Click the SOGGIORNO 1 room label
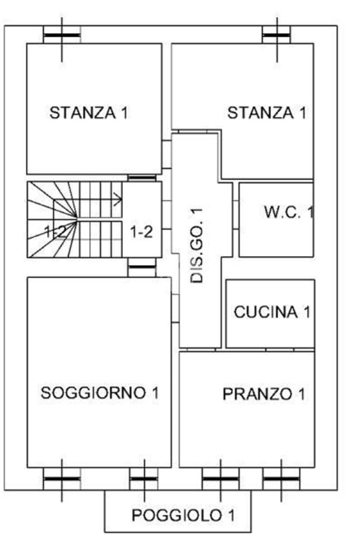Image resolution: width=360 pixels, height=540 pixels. pos(100,392)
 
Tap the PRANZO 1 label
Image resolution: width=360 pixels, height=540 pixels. pos(264,394)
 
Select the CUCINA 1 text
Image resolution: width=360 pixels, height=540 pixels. pos(272,312)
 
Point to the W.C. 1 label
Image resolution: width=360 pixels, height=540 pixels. pos(289,212)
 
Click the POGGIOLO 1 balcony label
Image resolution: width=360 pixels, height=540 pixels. pos(183,516)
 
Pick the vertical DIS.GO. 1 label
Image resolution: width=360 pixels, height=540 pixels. pos(197,245)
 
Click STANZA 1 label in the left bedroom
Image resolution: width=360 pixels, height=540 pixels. pos(89,113)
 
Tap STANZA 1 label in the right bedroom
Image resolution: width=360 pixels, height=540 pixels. pos(266,113)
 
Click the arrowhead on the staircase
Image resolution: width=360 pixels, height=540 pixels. pos(119,199)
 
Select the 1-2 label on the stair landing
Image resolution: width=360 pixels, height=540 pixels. pos(141,232)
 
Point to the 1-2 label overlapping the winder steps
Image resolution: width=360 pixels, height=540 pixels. pos(55,232)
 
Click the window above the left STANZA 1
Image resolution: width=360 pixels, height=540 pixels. pos(62,35)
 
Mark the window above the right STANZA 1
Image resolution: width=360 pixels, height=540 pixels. pos(276,35)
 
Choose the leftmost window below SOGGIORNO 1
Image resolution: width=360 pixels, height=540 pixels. pos(62,479)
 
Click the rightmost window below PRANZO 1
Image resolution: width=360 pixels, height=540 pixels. pos(281,479)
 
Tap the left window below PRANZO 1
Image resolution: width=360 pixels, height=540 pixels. pos(220,479)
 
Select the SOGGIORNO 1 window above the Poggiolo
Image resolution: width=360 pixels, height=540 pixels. pos(144,479)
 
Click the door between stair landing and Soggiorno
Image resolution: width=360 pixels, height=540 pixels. pos(142,267)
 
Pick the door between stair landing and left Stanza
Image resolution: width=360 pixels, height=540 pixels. pos(142,178)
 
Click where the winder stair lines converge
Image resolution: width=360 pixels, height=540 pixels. pos(76,217)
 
